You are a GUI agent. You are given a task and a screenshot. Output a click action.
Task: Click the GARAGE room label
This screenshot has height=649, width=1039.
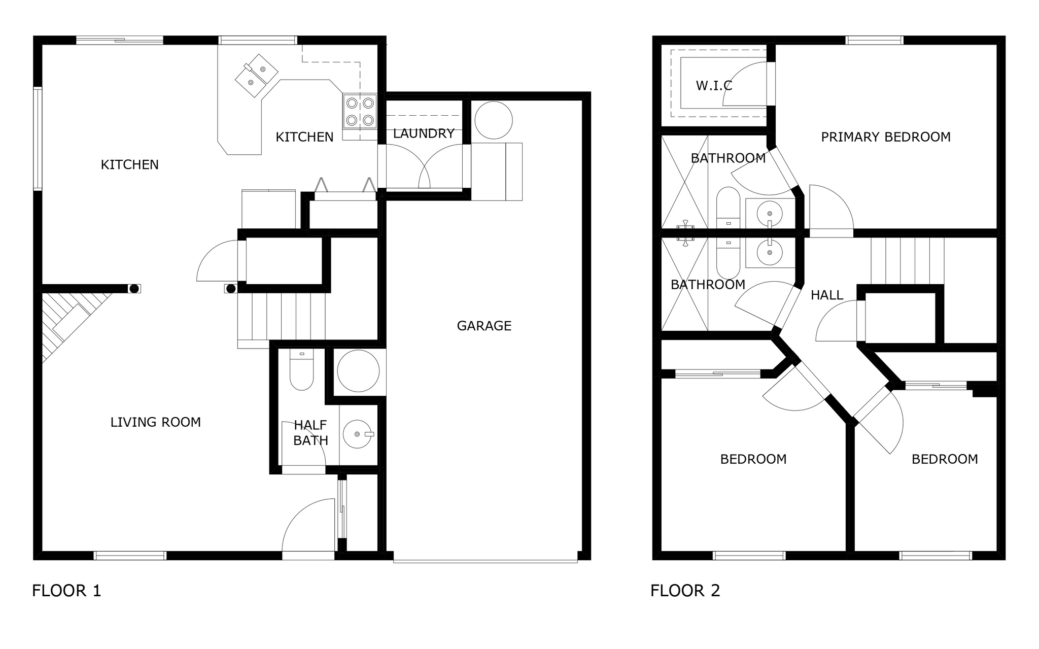(484, 326)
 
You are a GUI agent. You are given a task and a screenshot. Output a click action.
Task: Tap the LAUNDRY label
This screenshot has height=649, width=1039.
(424, 133)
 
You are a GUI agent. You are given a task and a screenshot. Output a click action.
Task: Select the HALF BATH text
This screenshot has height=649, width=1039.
(310, 433)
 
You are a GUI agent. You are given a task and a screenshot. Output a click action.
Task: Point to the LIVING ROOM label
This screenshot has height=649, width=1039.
(156, 422)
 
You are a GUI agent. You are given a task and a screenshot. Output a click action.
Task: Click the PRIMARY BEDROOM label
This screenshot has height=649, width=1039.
(886, 137)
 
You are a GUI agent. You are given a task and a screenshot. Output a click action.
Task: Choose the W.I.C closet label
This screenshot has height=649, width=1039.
(714, 86)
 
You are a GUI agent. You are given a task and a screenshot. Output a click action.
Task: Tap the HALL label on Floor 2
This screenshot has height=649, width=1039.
(827, 295)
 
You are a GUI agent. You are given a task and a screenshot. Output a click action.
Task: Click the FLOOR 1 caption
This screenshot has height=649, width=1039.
(66, 591)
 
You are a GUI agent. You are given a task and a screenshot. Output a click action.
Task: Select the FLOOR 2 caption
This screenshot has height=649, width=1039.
(685, 591)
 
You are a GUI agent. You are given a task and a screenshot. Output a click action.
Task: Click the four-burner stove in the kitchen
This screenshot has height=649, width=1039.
(360, 111)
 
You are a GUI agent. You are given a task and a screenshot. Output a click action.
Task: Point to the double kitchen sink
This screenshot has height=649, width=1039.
(257, 76)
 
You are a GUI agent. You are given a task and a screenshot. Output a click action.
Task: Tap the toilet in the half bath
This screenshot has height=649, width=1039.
(302, 369)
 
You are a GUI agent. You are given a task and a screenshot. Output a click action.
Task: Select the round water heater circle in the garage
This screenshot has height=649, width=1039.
(494, 120)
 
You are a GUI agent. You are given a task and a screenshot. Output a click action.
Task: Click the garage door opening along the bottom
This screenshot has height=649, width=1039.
(486, 561)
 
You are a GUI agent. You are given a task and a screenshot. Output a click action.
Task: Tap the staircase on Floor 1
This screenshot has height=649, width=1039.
(282, 317)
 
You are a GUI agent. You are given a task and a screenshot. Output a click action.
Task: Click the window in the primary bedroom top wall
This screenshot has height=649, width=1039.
(875, 40)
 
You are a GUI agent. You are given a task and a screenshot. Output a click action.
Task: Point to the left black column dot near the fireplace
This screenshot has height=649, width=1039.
(134, 289)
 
